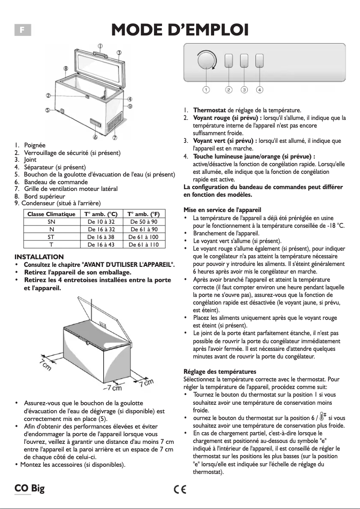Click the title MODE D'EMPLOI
180,30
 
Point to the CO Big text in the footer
29,489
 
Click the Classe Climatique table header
51,214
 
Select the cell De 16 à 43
101,244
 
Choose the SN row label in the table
51,222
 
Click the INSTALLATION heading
39,257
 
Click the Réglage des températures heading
220,372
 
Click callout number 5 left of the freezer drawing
47,110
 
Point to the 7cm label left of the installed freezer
45,363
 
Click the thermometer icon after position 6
322,417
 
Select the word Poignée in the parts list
35,146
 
